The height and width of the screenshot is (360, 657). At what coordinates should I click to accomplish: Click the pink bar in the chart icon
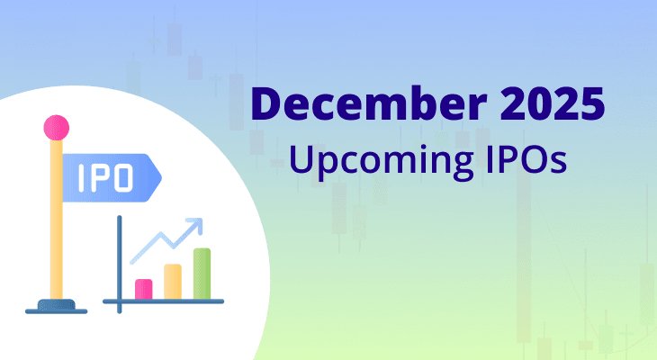143,289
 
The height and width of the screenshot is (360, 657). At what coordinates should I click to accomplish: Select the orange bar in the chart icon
172,282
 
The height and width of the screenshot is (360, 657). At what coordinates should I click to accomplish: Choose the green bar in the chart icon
202,274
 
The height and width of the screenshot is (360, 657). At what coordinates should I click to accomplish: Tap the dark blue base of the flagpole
56,309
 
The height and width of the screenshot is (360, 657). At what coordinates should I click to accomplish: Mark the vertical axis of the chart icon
119,261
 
